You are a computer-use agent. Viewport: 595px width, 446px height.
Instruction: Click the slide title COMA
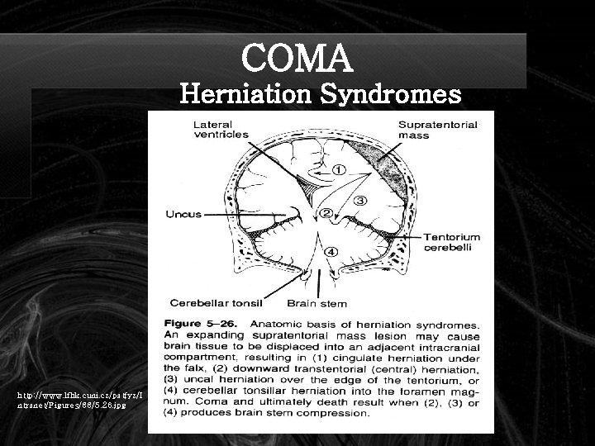(297, 58)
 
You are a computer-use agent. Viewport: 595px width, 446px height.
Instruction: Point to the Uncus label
(183, 214)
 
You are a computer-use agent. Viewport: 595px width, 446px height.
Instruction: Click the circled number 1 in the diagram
(338, 172)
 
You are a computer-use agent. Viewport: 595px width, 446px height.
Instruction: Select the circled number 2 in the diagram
(327, 214)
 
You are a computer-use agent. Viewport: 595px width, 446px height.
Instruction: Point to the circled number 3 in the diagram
(360, 199)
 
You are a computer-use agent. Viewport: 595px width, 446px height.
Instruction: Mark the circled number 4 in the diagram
(330, 251)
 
